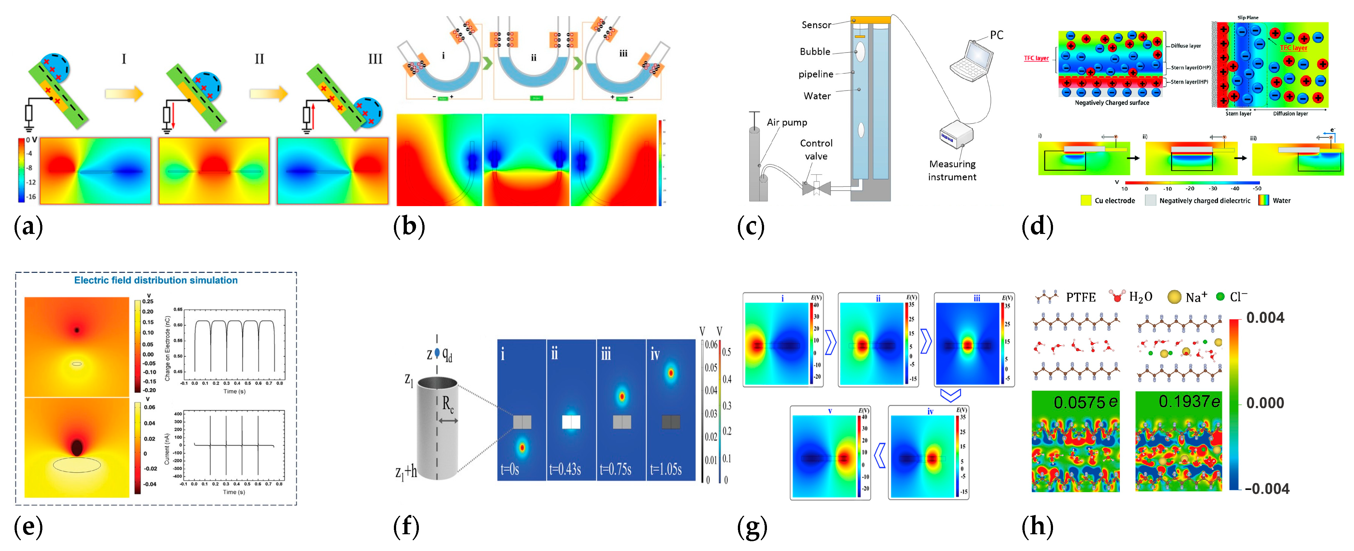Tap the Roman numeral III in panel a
(x=375, y=59)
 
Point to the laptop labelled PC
(x=971, y=60)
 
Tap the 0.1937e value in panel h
(x=1189, y=402)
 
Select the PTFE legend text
(x=1080, y=297)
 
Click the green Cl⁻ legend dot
(x=1220, y=297)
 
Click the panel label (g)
(x=752, y=526)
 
